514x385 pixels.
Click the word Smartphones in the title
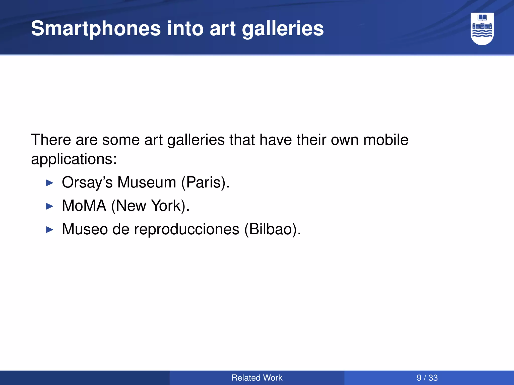[x=96, y=29]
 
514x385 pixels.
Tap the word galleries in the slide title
[x=283, y=29]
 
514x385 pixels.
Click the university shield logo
[x=482, y=29]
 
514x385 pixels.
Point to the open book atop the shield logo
[x=482, y=18]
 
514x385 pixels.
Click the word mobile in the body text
[x=386, y=140]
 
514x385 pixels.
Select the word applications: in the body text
[x=74, y=159]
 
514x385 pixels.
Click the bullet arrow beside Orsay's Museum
[x=50, y=183]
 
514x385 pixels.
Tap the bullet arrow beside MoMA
[x=50, y=207]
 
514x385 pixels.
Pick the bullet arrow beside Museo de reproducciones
[x=50, y=230]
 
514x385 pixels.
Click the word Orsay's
[x=87, y=182]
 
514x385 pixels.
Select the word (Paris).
[x=205, y=182]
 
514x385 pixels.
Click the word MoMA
[x=84, y=206]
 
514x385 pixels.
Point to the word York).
[x=170, y=206]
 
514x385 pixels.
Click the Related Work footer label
[x=257, y=378]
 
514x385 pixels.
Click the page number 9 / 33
[x=427, y=378]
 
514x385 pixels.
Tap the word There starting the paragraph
[x=51, y=140]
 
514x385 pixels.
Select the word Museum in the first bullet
[x=147, y=182]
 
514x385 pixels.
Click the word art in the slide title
[x=222, y=29]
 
